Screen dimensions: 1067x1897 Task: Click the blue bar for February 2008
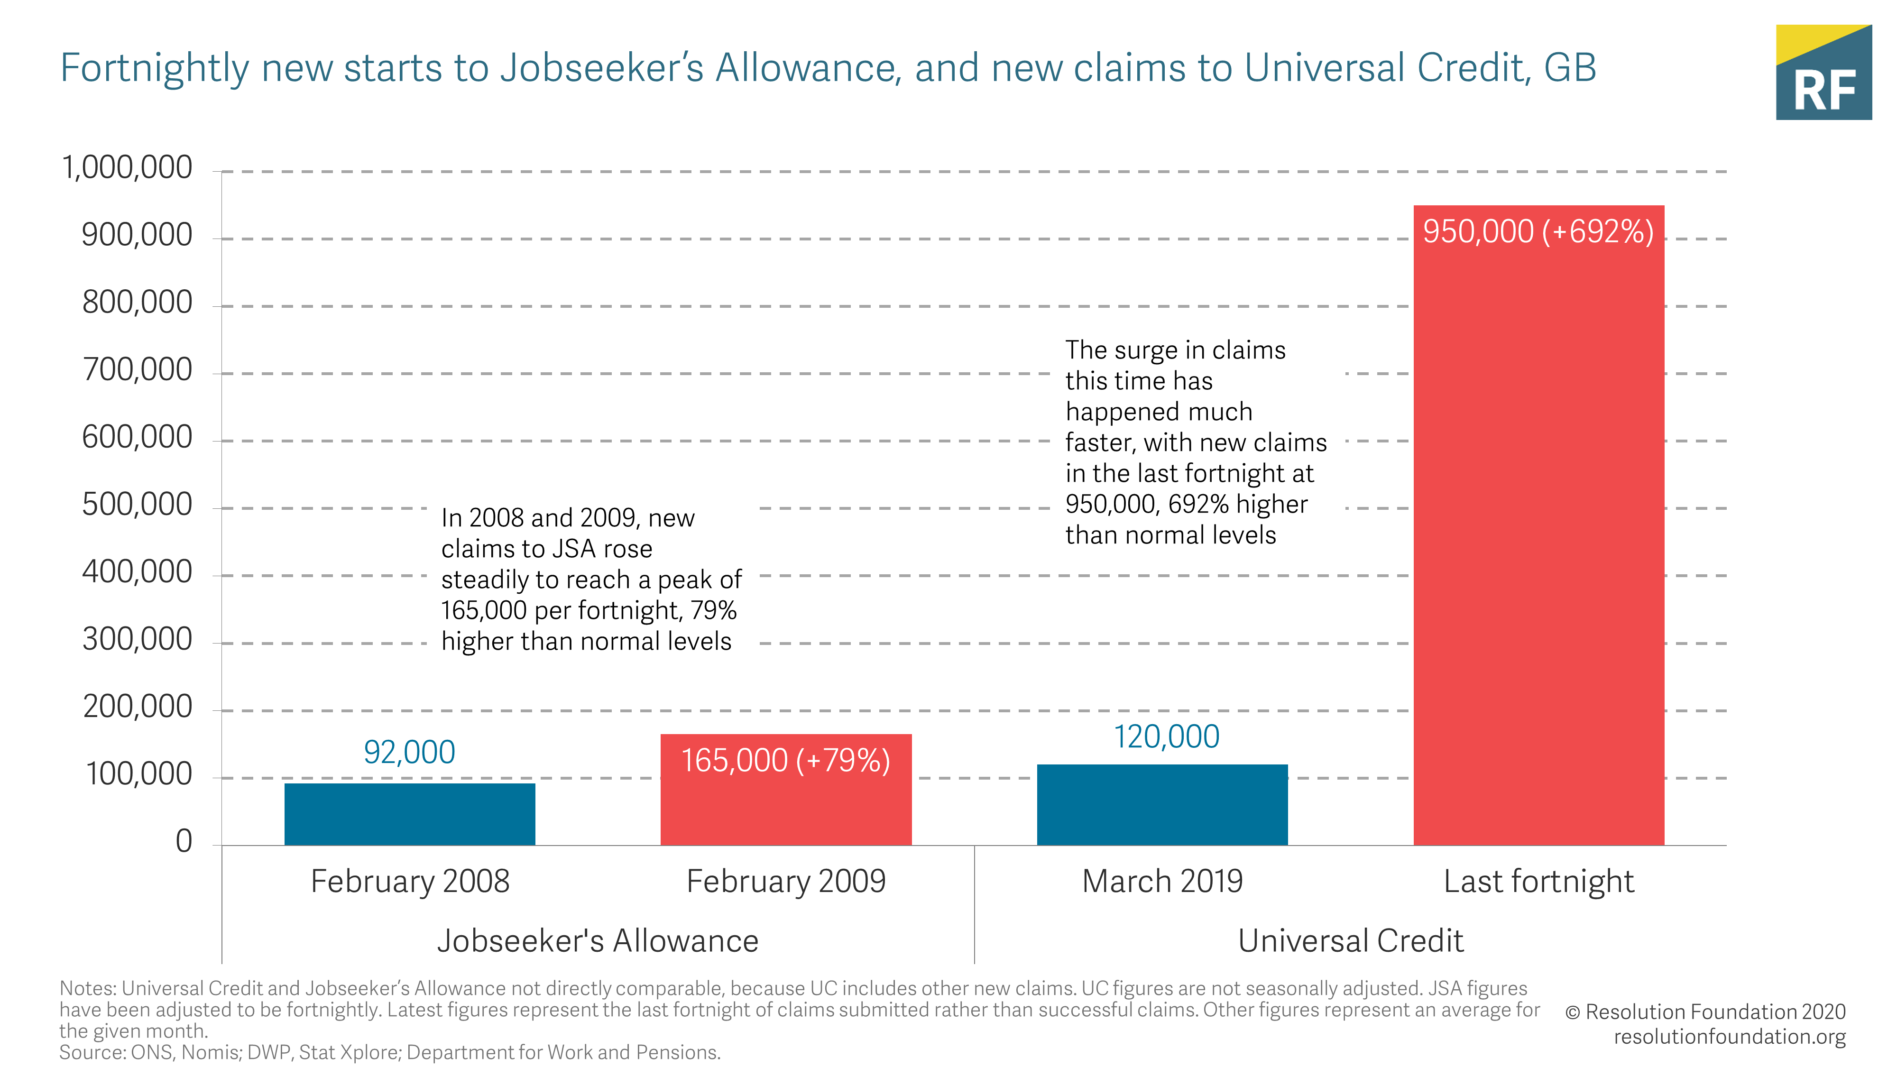pos(409,814)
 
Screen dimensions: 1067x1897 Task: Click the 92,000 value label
pos(409,752)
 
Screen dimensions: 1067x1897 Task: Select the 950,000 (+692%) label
pos(1538,231)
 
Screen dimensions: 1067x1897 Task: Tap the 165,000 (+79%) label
pos(786,760)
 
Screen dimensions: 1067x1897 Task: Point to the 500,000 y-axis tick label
pos(137,505)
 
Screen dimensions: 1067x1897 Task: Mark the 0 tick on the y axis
pos(184,841)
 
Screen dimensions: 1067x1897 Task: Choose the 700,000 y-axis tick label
pos(137,370)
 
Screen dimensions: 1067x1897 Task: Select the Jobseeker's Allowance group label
pos(597,940)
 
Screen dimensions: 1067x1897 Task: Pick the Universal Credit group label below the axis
pos(1351,940)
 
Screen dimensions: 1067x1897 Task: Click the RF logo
pos(1823,73)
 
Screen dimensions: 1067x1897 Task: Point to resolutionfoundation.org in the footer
pos(1729,1036)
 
